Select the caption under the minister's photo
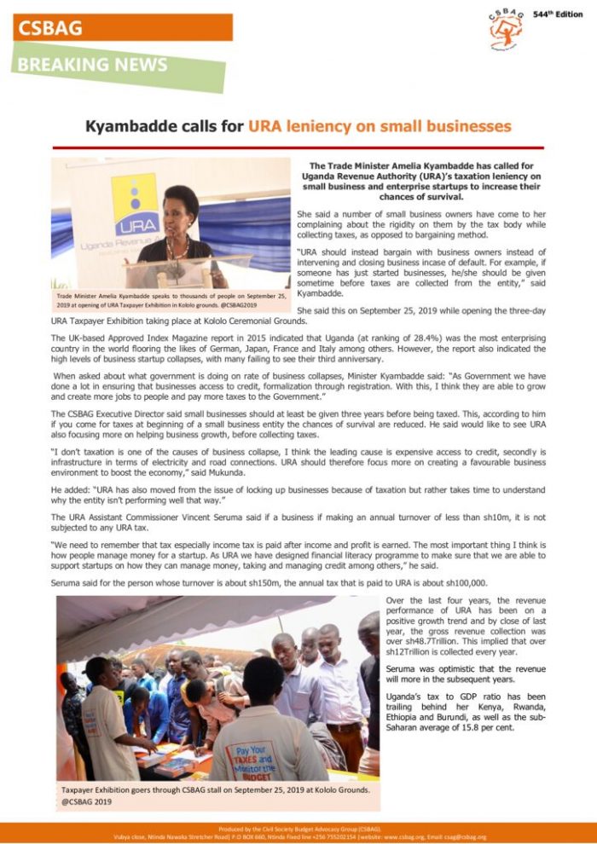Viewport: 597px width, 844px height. pos(171,301)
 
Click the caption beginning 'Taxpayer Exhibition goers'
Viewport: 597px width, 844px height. pos(213,795)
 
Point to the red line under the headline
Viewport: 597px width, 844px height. pos(298,147)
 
